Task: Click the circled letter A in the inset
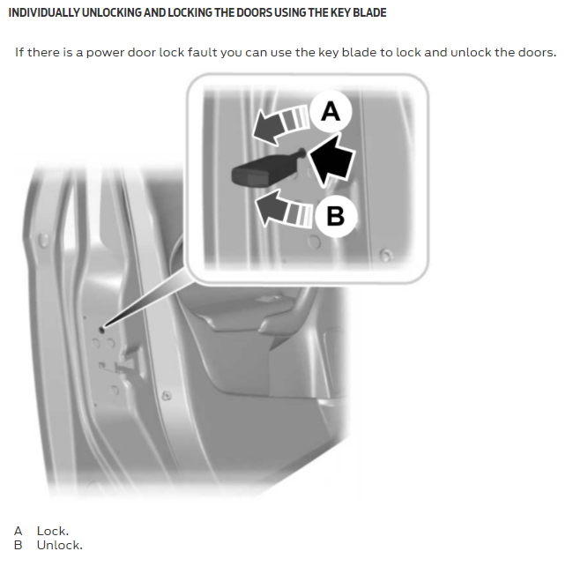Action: point(331,111)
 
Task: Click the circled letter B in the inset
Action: point(335,216)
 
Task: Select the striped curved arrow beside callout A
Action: point(280,123)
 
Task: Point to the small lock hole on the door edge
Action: point(101,330)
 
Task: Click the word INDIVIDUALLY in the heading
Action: point(43,12)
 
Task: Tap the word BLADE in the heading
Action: point(369,12)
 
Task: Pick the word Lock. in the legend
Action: point(53,531)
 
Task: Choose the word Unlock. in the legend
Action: point(59,545)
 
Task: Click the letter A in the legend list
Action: point(18,531)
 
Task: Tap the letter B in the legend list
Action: point(18,545)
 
